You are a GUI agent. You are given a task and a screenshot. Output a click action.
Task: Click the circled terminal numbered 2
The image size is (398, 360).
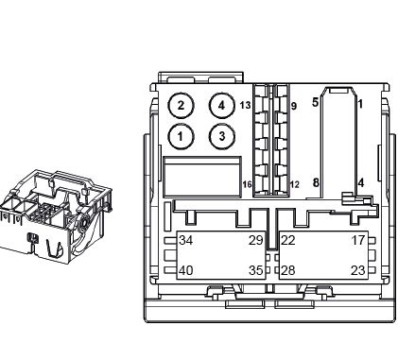click(181, 106)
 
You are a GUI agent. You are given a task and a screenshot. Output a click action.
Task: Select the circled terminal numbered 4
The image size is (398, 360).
click(222, 106)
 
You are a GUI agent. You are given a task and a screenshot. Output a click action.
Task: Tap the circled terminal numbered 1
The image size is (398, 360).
click(181, 136)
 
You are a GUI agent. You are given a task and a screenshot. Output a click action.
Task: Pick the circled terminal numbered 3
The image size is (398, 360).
click(222, 136)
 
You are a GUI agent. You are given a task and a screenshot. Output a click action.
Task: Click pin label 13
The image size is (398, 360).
click(245, 105)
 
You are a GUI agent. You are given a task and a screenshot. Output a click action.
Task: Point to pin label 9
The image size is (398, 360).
click(294, 106)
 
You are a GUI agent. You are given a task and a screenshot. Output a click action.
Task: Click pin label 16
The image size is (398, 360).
click(247, 184)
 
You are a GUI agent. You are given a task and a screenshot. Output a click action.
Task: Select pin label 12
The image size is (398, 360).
click(294, 184)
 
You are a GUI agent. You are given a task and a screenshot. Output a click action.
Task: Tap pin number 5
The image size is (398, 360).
click(315, 102)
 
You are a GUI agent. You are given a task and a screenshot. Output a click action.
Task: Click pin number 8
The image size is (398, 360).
click(316, 182)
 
